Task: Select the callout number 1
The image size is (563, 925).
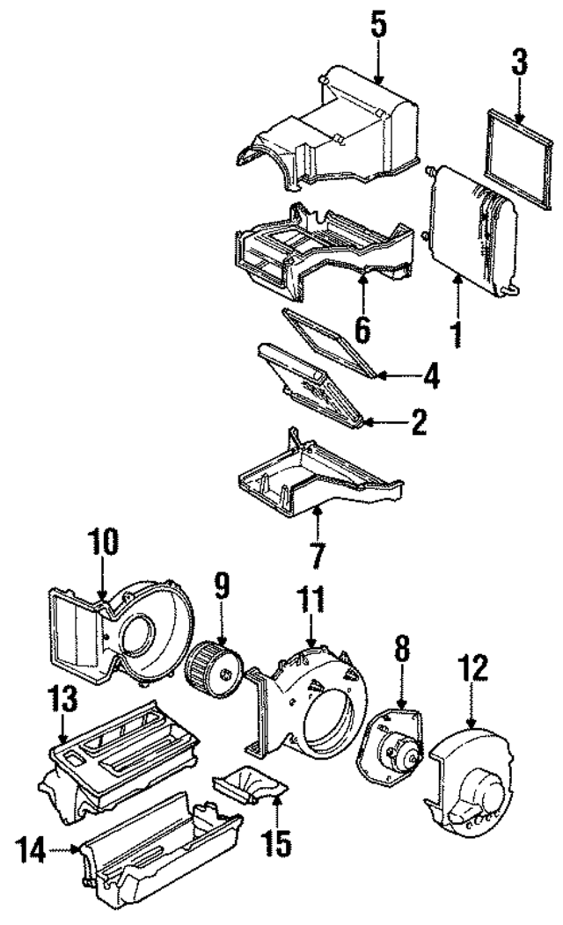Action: point(457,334)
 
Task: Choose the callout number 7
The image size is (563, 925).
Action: point(317,555)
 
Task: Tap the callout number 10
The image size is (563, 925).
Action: point(102,543)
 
